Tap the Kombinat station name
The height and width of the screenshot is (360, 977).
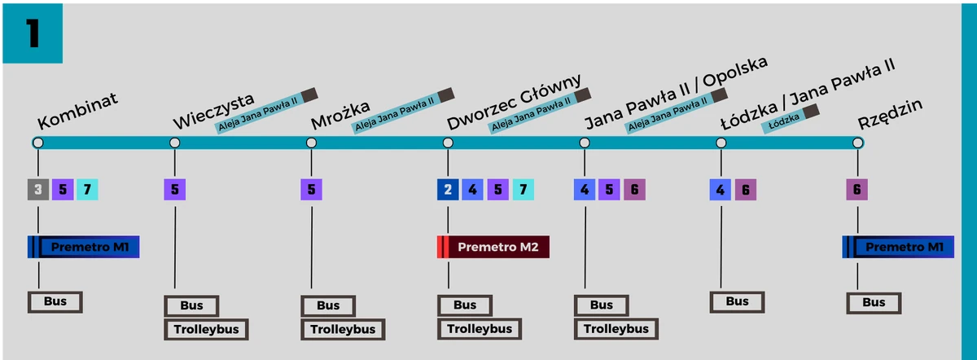[x=78, y=112]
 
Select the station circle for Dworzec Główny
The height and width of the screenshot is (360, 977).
[x=448, y=143]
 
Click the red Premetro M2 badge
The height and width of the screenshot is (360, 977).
[x=493, y=247]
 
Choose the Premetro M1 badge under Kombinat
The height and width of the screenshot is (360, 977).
[x=83, y=247]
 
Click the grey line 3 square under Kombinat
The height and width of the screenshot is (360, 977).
[x=37, y=190]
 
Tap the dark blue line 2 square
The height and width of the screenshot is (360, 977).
[x=448, y=190]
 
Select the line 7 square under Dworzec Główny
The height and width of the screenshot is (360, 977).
[x=523, y=190]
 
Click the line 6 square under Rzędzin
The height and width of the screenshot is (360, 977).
[x=857, y=190]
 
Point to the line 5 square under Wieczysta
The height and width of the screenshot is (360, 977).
[x=174, y=190]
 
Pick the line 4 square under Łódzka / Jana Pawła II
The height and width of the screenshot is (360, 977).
[x=720, y=190]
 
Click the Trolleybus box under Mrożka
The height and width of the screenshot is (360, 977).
[x=343, y=329]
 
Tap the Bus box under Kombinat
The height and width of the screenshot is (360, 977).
[x=55, y=302]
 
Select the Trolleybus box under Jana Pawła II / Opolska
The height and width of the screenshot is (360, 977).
[x=616, y=329]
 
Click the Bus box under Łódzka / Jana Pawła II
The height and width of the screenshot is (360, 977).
[x=737, y=301]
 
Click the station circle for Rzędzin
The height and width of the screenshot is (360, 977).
[x=857, y=143]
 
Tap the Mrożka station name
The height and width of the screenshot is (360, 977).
[x=340, y=115]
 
